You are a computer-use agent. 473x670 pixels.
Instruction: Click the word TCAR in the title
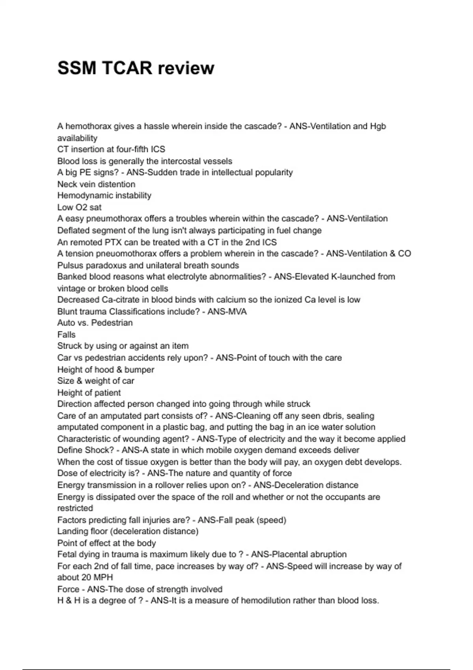point(127,68)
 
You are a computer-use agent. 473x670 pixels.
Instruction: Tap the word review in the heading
point(186,68)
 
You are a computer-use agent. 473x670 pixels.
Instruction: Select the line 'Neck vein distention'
point(96,184)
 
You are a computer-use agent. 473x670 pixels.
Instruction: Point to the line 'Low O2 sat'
point(79,207)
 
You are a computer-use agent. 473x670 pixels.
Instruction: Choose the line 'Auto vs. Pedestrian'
point(95,323)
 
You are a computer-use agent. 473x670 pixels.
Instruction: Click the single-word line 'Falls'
point(66,335)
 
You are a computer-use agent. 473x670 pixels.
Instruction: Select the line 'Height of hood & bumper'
point(106,370)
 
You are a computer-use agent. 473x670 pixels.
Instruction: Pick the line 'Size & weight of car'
point(96,381)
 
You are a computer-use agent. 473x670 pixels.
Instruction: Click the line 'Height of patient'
point(89,393)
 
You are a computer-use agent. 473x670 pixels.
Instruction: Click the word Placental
point(270,555)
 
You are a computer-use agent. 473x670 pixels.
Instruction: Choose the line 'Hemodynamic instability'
point(104,195)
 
